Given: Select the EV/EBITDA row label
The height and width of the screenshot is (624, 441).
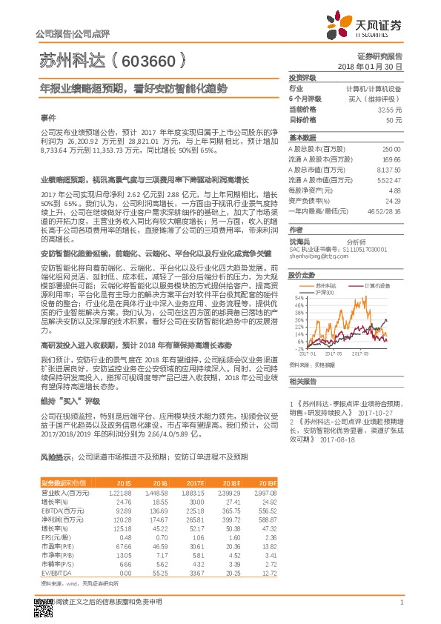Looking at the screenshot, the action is (57, 572).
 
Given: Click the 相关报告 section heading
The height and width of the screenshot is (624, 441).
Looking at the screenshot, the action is (302, 381).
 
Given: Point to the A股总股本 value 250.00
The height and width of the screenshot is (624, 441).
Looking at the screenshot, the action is (391, 149).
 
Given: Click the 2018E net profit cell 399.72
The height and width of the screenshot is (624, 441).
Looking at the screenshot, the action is (232, 519).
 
